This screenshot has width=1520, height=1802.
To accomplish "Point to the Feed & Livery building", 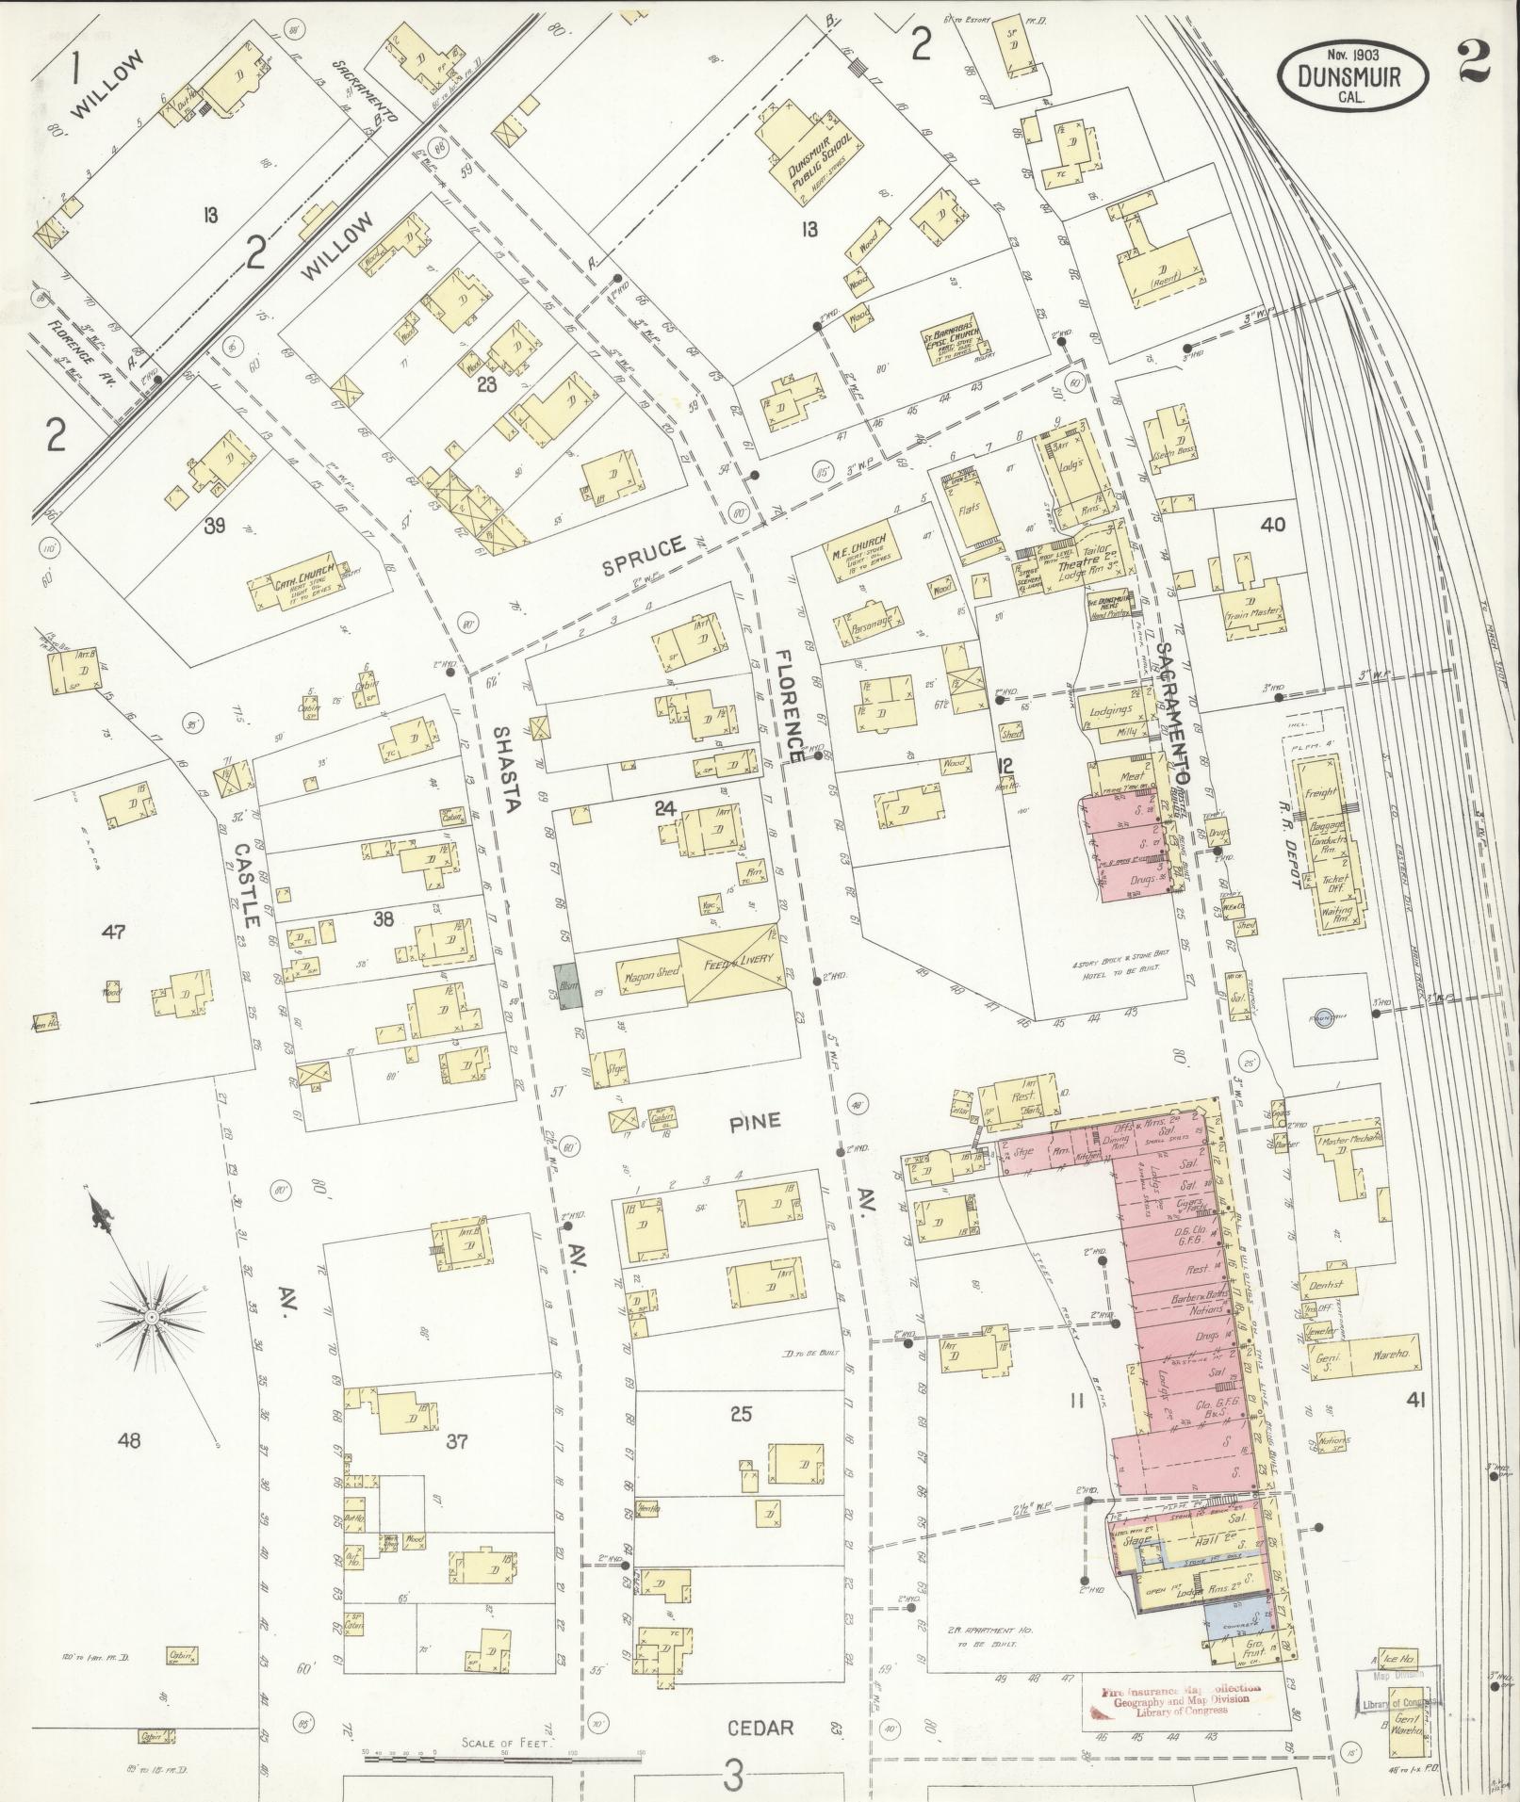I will tap(734, 961).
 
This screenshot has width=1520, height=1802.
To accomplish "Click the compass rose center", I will tap(151, 1314).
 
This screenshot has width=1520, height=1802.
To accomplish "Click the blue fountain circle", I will tap(1324, 1016).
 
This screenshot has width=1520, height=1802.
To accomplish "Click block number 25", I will tap(742, 1413).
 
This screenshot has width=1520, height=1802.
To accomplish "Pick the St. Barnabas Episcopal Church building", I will tap(949, 350).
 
